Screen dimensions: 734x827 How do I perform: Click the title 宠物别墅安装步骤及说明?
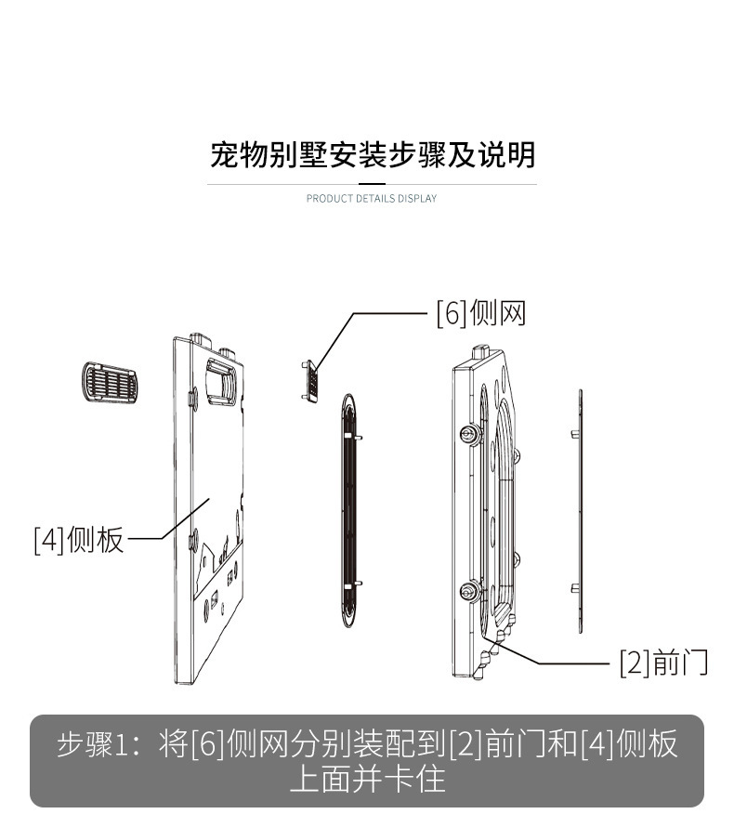click(x=373, y=155)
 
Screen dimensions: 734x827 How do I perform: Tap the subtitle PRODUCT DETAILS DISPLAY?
click(x=372, y=198)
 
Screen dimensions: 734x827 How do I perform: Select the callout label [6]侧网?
click(x=481, y=313)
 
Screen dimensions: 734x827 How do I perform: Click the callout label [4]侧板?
click(x=79, y=540)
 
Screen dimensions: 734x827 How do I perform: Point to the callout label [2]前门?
click(x=663, y=663)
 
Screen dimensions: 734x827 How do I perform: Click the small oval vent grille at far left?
click(x=110, y=383)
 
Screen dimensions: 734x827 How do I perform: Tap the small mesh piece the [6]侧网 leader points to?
click(x=310, y=381)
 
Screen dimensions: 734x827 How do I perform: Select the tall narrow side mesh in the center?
click(x=349, y=510)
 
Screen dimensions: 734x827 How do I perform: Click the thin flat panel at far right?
click(x=580, y=510)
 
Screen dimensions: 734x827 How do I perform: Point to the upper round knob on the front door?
click(x=469, y=435)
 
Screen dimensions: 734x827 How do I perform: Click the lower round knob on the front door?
click(x=469, y=591)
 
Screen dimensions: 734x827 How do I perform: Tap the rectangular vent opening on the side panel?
click(x=221, y=381)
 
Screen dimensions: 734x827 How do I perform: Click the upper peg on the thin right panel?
click(x=575, y=435)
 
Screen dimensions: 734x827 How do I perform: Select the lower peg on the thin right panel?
click(x=575, y=588)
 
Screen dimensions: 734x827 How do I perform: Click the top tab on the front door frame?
click(x=481, y=352)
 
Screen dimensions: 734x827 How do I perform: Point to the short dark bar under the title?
click(x=373, y=184)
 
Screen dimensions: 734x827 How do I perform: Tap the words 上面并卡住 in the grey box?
click(x=368, y=779)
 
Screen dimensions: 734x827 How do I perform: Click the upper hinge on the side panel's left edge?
click(x=193, y=399)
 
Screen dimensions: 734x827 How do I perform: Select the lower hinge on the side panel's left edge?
click(x=193, y=540)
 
